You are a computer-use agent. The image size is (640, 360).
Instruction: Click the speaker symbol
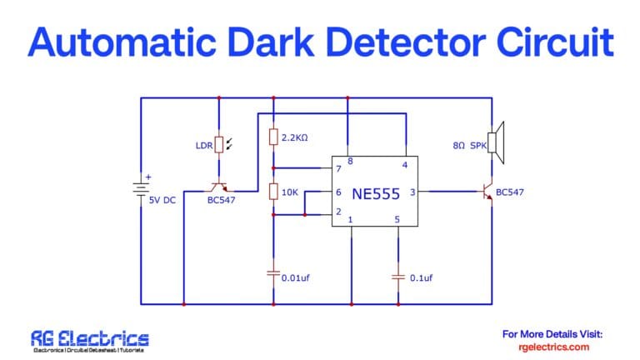pos(497,145)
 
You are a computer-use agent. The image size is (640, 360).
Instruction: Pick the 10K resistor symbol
pos(272,192)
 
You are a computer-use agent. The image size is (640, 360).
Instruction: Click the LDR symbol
pos(219,145)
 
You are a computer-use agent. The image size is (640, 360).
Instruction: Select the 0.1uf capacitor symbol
pos(397,277)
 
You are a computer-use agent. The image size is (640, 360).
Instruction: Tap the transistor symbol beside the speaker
pos(487,192)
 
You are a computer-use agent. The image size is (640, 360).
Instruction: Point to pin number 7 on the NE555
pos(338,170)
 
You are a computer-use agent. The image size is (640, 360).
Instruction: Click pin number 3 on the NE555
pos(412,193)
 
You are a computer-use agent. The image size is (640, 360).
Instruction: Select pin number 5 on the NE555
pos(397,220)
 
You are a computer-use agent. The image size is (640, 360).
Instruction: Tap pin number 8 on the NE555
pos(350,162)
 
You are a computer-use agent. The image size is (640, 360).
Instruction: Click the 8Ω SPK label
pos(469,146)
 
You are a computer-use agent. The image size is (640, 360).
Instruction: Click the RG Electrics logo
pos(90,340)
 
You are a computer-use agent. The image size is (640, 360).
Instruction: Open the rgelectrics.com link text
pos(553,347)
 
